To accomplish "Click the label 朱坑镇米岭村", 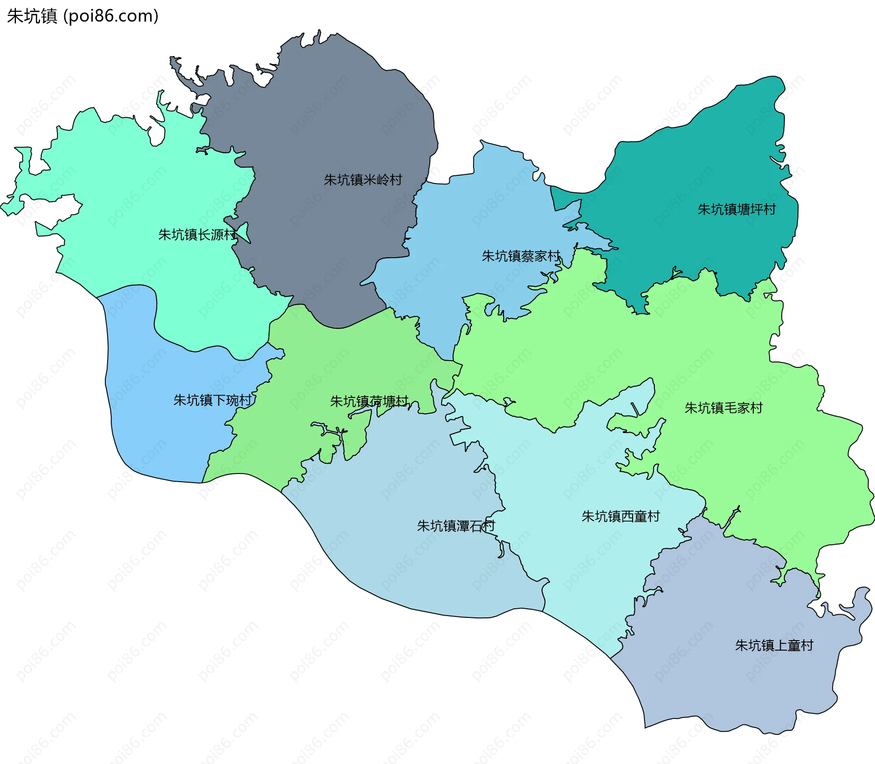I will tap(363, 180).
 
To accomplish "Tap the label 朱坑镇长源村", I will tap(197, 234).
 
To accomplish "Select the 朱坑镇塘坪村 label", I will tap(736, 209).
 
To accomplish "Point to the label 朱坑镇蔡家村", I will tap(521, 256).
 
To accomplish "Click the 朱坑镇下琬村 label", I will tap(212, 400).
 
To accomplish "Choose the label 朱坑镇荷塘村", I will tap(369, 401).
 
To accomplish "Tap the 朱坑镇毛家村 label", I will tap(724, 408).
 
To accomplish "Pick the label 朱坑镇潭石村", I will tap(456, 526).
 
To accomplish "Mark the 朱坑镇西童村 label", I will tap(621, 516).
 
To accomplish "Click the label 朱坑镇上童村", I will tap(774, 645).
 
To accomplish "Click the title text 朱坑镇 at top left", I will tap(32, 16).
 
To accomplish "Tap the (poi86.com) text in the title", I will tap(111, 16).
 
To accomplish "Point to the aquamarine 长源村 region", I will tap(137, 182).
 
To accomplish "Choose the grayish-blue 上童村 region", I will tap(729, 683).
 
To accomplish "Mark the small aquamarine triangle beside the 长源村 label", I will tap(245, 232).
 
